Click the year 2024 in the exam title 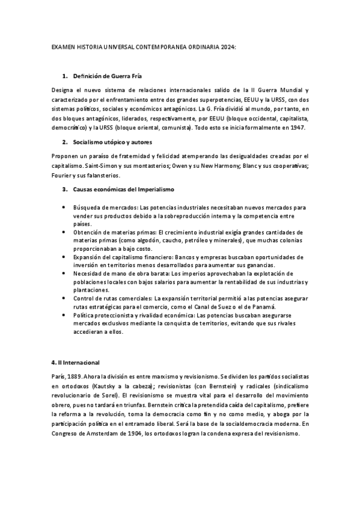(228, 46)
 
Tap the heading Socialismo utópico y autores (112, 142)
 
